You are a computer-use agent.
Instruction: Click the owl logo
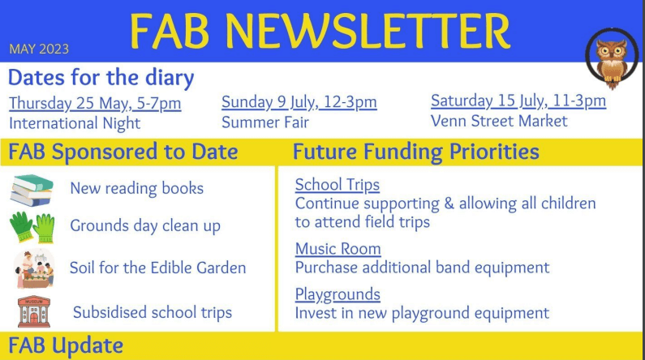tap(612, 58)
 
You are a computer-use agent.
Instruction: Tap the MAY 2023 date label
tap(39, 49)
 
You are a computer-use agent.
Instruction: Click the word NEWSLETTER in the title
tap(368, 32)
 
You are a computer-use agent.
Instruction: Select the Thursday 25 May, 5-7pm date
tap(95, 103)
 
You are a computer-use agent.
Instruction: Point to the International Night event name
tap(75, 123)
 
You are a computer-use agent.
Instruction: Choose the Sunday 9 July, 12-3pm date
tap(299, 102)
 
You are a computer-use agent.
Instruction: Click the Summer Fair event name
tap(265, 122)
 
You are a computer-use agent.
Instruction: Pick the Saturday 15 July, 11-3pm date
tap(518, 101)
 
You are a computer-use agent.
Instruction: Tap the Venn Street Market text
tap(499, 121)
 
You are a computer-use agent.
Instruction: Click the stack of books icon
tap(32, 191)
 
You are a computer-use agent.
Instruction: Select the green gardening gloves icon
tap(32, 227)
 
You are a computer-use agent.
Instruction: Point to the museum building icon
tap(34, 311)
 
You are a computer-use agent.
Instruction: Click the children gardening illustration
tap(34, 268)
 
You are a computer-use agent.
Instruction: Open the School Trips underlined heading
tap(338, 186)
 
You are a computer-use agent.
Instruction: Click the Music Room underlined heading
tap(338, 249)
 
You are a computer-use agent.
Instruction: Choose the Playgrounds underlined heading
tap(338, 294)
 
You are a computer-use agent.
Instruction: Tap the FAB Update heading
tap(66, 345)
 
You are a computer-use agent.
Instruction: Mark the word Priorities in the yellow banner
tap(494, 152)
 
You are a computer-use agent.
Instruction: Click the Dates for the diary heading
tap(101, 78)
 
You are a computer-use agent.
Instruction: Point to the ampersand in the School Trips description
tap(449, 204)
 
